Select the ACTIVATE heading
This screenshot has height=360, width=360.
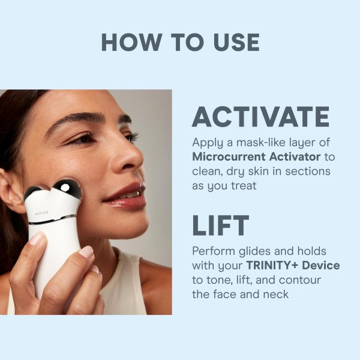point(260,116)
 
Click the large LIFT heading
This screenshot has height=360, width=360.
point(220,225)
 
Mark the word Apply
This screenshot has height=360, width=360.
point(208,143)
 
